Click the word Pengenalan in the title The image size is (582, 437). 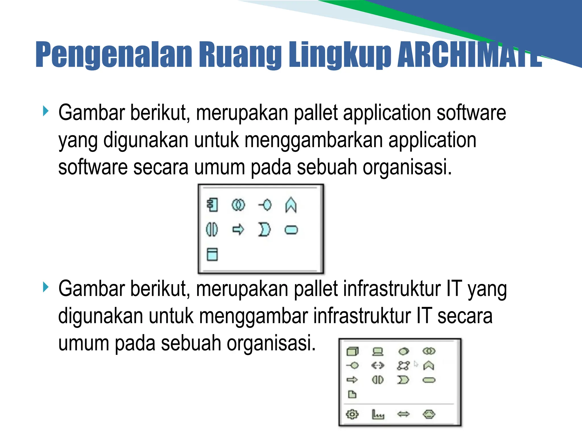pyautogui.click(x=114, y=55)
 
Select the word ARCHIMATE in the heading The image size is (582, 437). pyautogui.click(x=469, y=55)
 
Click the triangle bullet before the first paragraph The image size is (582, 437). pyautogui.click(x=45, y=111)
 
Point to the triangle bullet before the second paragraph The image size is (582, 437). pyautogui.click(x=45, y=287)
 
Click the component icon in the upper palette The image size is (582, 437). pyautogui.click(x=213, y=205)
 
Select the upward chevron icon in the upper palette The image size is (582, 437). pyautogui.click(x=291, y=205)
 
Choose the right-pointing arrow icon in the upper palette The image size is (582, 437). pyautogui.click(x=238, y=229)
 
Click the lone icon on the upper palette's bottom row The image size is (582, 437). pyautogui.click(x=212, y=254)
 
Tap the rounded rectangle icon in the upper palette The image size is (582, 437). pyautogui.click(x=291, y=230)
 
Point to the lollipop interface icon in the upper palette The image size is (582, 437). pyautogui.click(x=265, y=205)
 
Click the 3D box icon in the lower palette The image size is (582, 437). pyautogui.click(x=353, y=352)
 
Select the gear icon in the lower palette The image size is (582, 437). pyautogui.click(x=352, y=414)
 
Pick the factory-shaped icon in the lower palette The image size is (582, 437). pyautogui.click(x=378, y=415)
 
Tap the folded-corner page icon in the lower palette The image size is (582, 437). pyautogui.click(x=352, y=394)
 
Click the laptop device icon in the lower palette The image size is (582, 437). pyautogui.click(x=378, y=352)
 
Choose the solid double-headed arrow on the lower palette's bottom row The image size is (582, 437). pyautogui.click(x=403, y=414)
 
